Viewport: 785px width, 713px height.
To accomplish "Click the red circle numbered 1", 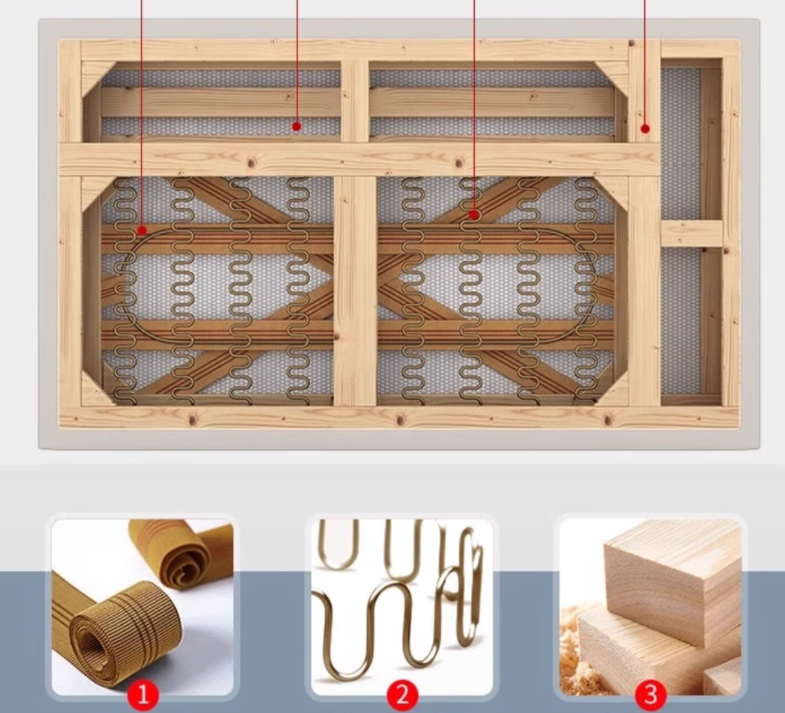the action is click(x=143, y=695).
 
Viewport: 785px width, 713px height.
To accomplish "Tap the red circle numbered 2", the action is click(x=402, y=695).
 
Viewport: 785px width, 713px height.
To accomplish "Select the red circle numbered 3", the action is click(x=651, y=695).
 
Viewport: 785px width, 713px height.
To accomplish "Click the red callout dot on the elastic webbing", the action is click(x=142, y=230).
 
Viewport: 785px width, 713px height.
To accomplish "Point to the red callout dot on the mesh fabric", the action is click(x=296, y=127).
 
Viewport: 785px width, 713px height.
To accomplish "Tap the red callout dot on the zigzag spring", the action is click(x=475, y=215).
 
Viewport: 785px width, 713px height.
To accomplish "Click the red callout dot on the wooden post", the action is click(x=645, y=129).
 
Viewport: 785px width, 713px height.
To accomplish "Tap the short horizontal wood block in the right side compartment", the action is click(x=691, y=233).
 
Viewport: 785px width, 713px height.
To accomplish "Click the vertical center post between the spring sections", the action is click(x=355, y=290).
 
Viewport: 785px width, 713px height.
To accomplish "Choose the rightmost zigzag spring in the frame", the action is click(x=586, y=290).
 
